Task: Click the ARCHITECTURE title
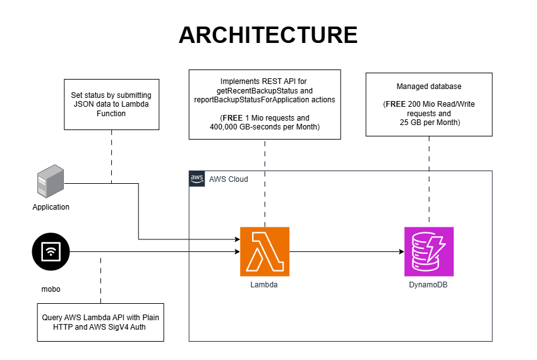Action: click(268, 35)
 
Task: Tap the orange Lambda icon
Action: click(265, 251)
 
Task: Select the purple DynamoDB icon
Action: click(429, 251)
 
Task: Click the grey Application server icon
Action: click(51, 181)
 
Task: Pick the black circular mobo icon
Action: click(51, 252)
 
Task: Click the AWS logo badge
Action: click(197, 179)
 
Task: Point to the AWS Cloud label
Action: click(229, 179)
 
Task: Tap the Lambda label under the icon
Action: click(263, 285)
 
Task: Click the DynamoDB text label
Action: click(428, 285)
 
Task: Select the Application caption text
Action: click(51, 207)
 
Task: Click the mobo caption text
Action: click(51, 289)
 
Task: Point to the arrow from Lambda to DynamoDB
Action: click(347, 252)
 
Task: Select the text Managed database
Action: click(429, 87)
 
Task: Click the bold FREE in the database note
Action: click(395, 104)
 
